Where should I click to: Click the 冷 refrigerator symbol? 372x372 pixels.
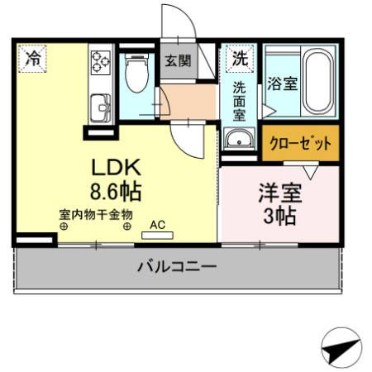tap(32, 58)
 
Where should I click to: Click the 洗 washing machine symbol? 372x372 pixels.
tap(239, 59)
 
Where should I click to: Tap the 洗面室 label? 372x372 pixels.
tap(239, 100)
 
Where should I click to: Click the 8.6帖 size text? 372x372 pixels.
tap(115, 193)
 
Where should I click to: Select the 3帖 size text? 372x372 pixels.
tap(277, 217)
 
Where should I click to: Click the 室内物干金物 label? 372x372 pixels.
tap(95, 213)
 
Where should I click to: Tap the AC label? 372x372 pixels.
tap(156, 223)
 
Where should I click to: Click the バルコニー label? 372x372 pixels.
tap(176, 267)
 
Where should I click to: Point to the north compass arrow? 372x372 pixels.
tap(341, 347)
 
